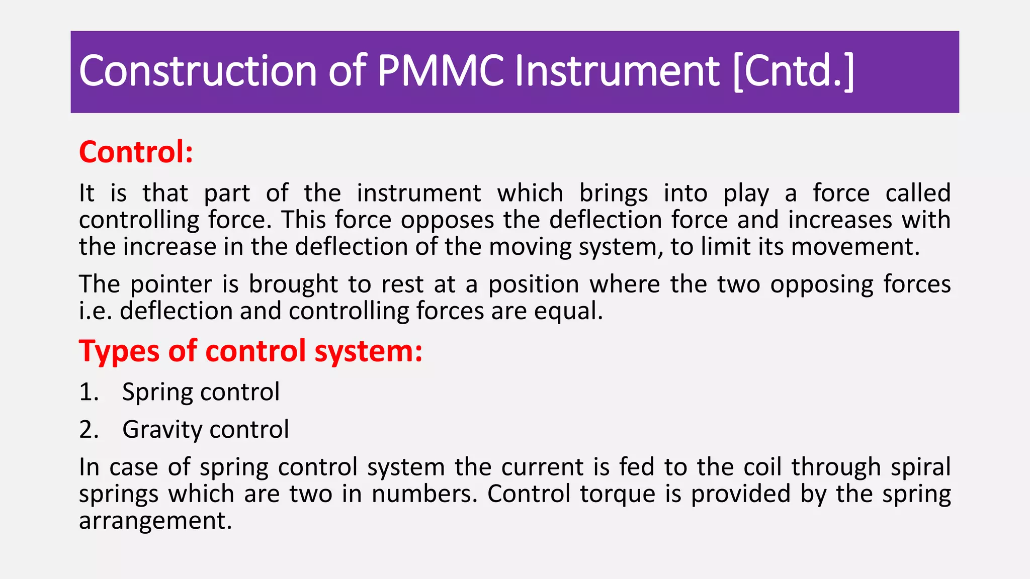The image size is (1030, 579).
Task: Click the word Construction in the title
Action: [198, 71]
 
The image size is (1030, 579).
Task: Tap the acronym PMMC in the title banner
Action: [441, 71]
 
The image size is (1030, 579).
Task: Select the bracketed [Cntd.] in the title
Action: [794, 71]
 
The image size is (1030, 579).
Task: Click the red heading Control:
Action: [136, 152]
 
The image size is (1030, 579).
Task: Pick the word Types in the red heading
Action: [118, 351]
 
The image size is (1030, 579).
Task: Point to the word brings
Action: [614, 194]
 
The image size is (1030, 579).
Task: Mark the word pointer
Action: [171, 284]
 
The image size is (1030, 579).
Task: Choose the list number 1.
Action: [88, 392]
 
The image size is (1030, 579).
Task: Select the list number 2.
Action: [89, 430]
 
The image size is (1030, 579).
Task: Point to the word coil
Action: [762, 467]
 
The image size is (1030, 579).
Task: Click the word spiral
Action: [920, 467]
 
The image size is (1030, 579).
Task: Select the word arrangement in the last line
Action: [155, 521]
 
